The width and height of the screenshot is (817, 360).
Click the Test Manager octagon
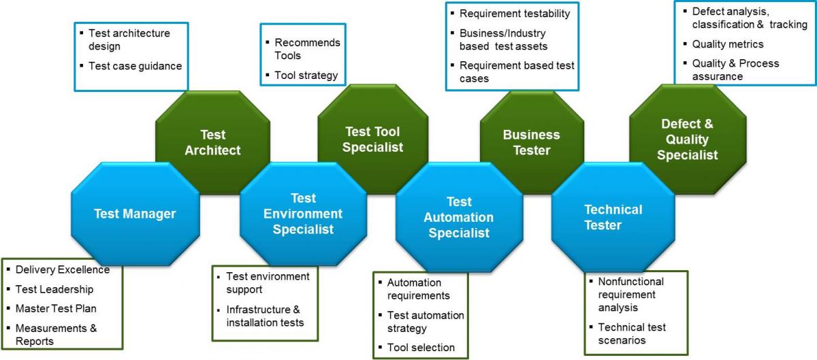(135, 214)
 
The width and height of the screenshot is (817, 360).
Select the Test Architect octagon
(212, 142)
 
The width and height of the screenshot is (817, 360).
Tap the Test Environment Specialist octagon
(303, 214)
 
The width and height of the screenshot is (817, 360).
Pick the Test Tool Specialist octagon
(373, 140)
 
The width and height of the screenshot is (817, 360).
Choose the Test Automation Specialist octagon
(458, 217)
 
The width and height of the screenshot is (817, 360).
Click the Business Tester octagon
(531, 142)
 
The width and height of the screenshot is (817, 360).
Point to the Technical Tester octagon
(613, 217)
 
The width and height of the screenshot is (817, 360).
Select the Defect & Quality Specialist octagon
(689, 140)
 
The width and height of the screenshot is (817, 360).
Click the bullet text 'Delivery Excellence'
(62, 269)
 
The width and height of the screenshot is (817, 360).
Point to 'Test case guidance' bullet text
(135, 66)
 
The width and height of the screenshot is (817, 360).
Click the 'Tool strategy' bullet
(306, 76)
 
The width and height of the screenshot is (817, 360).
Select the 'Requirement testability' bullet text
(515, 14)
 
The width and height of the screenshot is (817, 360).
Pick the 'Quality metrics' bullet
(728, 44)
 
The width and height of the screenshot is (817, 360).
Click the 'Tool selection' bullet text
(421, 348)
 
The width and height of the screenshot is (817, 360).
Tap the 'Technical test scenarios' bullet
(632, 333)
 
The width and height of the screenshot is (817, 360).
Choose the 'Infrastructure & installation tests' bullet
(265, 316)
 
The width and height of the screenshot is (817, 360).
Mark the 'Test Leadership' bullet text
(54, 289)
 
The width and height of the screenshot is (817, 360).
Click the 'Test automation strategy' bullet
(426, 322)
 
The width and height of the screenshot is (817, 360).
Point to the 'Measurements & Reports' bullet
(56, 334)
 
